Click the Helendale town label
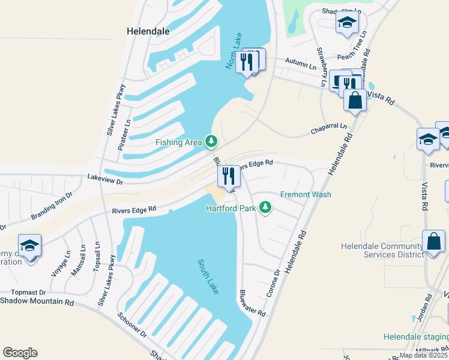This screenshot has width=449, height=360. click(x=148, y=31)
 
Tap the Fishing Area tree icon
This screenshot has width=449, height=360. click(x=211, y=142)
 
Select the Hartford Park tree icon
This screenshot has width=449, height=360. click(x=264, y=208)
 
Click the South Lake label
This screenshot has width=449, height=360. click(x=209, y=276)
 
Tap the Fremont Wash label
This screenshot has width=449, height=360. click(x=306, y=194)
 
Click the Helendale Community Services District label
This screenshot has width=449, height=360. click(x=382, y=250)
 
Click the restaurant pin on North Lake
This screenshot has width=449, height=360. click(x=247, y=61)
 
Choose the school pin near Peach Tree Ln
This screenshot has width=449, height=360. click(x=347, y=23)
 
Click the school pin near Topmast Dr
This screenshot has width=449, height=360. click(x=29, y=245)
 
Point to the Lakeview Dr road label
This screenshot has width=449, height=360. click(x=105, y=179)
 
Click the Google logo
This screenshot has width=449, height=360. click(x=20, y=353)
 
